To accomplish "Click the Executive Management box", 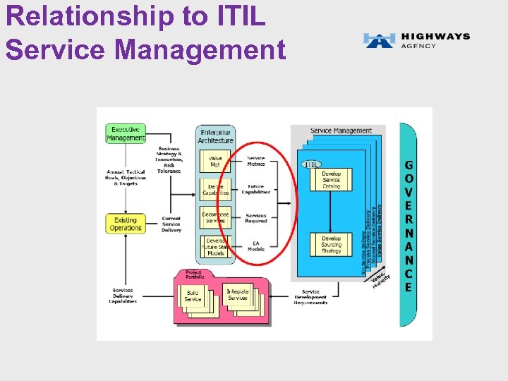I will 126,133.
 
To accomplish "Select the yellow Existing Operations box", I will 126,224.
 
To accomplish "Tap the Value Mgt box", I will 215,162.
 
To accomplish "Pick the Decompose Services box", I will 215,217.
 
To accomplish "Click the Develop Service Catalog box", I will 331,180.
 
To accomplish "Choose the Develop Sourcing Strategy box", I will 331,244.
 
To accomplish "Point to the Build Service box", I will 193,296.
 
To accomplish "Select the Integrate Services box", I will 238,295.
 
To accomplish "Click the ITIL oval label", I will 311,164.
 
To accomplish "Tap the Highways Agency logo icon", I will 379,40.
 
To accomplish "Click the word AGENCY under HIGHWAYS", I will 419,46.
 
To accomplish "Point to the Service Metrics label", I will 255,161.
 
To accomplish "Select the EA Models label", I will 255,246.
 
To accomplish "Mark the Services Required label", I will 255,218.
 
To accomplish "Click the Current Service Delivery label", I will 171,224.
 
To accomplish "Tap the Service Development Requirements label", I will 310,297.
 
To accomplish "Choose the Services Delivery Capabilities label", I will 123,296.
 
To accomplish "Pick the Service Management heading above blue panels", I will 341,131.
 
